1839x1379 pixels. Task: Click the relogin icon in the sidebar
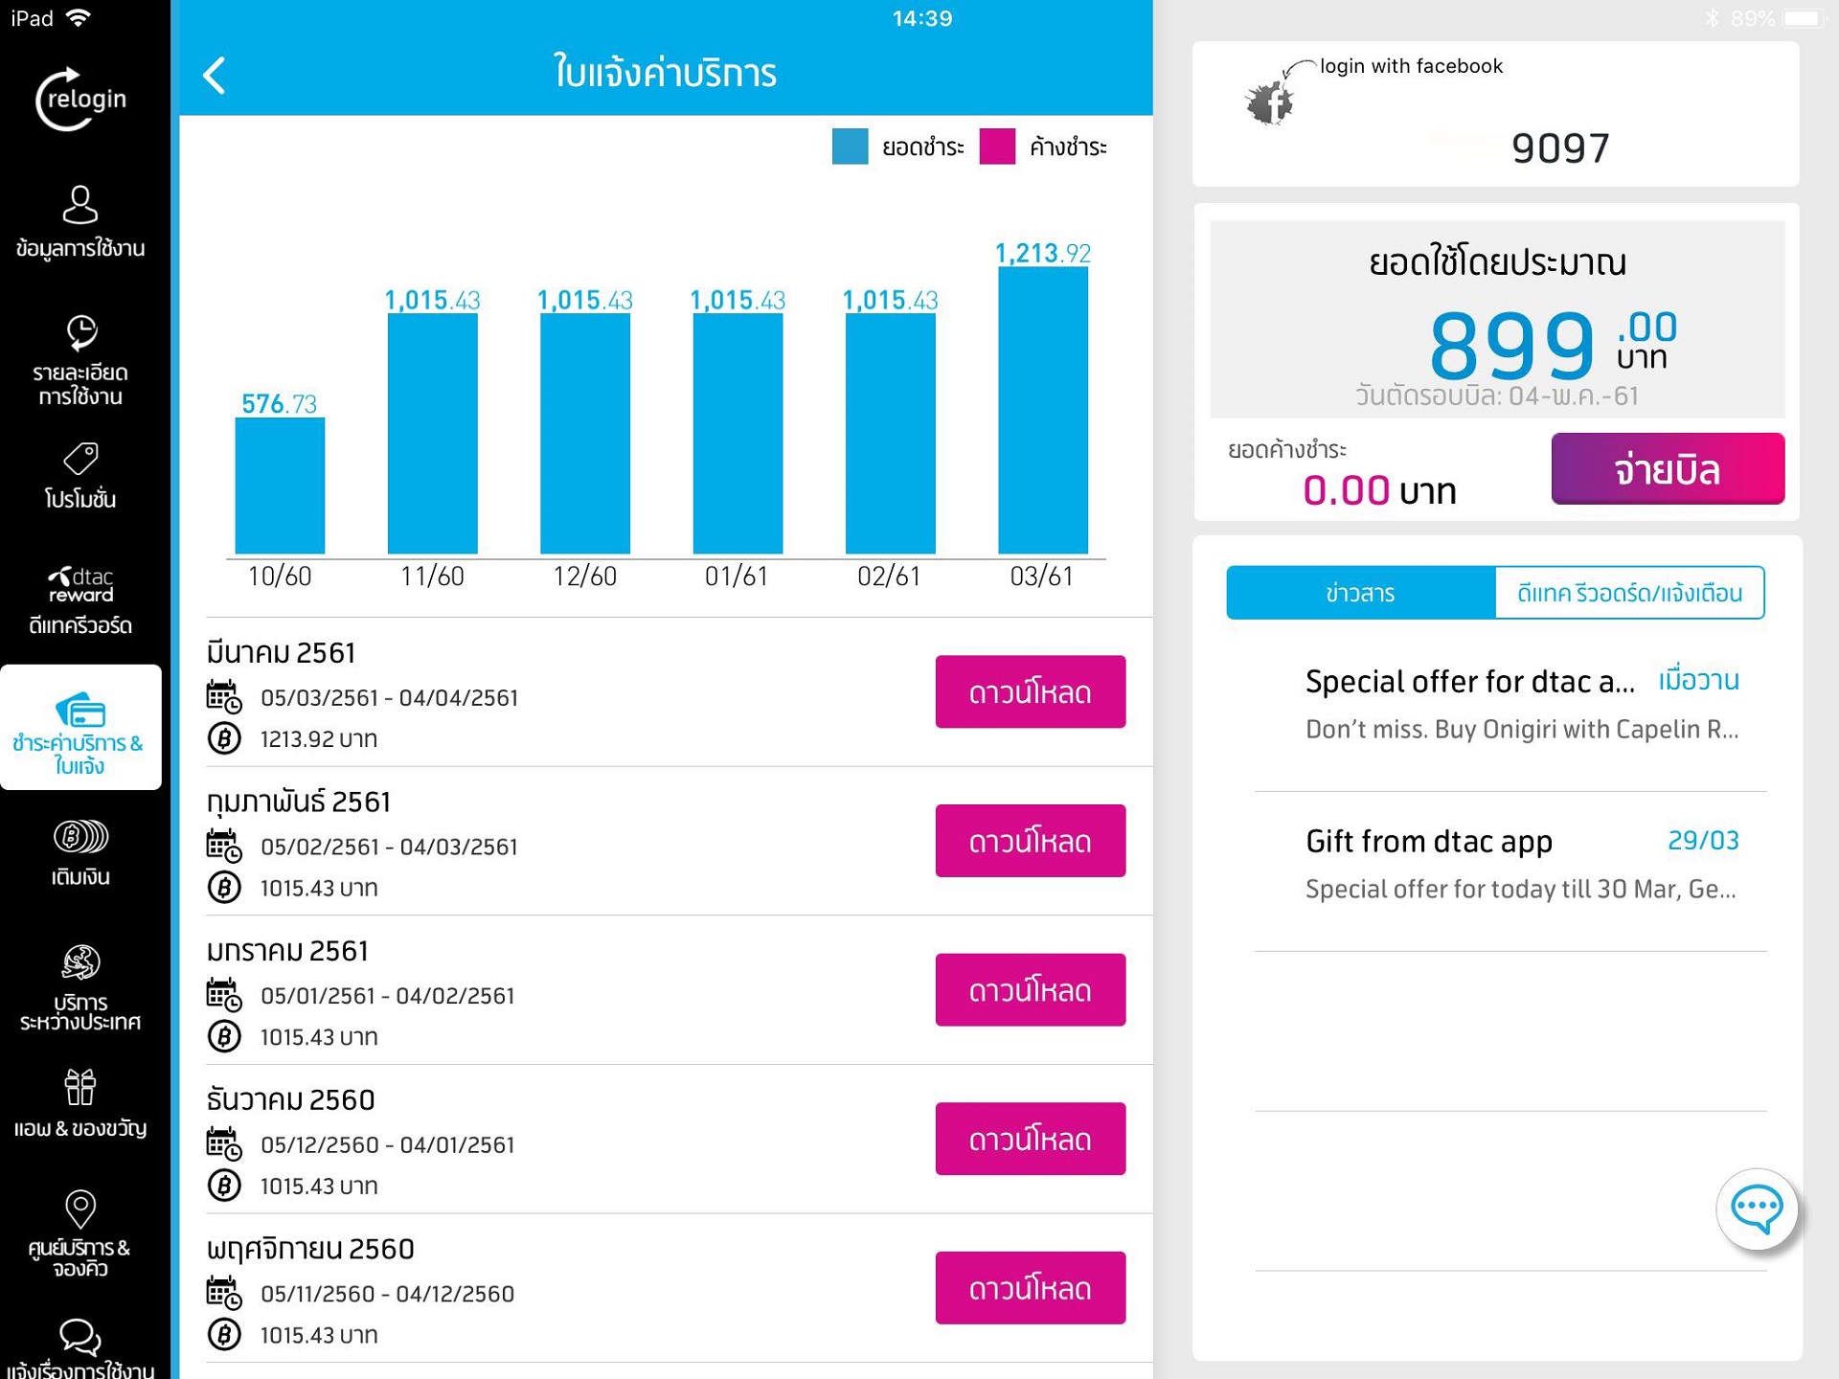click(80, 99)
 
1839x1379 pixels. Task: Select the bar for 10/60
click(280, 486)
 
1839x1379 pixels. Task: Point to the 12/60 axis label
click(584, 576)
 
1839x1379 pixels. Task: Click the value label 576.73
click(279, 404)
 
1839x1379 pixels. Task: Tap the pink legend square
click(997, 147)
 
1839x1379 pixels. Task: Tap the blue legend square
click(850, 147)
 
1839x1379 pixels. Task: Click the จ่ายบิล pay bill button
click(1667, 469)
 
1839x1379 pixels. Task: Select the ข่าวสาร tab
click(1360, 593)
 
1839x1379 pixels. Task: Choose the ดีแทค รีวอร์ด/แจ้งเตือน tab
click(1629, 593)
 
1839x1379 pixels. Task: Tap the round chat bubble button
click(1756, 1209)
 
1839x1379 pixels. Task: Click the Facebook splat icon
click(1270, 102)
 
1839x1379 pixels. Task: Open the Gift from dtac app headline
click(1428, 841)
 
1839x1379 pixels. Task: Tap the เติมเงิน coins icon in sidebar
click(80, 837)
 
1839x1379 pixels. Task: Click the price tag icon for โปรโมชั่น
click(80, 459)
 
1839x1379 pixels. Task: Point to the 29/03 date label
click(1703, 840)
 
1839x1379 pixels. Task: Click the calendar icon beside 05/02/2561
click(224, 847)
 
